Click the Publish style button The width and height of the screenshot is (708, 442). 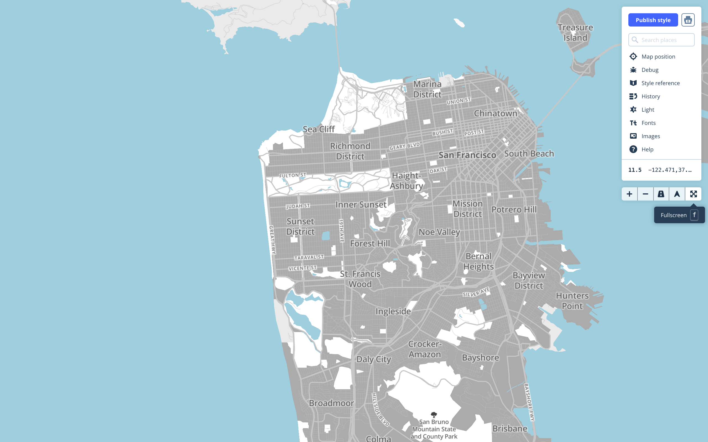coord(653,20)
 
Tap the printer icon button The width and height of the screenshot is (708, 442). coord(688,20)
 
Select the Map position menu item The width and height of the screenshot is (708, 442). coord(658,56)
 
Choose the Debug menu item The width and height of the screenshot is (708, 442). coord(649,70)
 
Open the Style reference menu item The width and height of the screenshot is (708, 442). coord(660,83)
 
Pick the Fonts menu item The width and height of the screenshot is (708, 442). coord(648,123)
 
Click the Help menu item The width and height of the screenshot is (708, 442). coord(647,149)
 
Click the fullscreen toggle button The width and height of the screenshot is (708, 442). coord(693,194)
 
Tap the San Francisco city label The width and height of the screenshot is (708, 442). coord(467,155)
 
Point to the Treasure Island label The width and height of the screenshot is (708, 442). coord(575,32)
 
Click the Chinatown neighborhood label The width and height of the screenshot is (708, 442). coord(496,114)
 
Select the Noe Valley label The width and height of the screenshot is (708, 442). coord(439,232)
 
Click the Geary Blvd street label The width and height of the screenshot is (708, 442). coord(404,146)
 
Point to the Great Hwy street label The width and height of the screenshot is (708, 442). coord(272,240)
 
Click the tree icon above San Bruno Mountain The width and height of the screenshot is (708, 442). coord(434,415)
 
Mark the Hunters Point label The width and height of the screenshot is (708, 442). coord(572,301)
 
